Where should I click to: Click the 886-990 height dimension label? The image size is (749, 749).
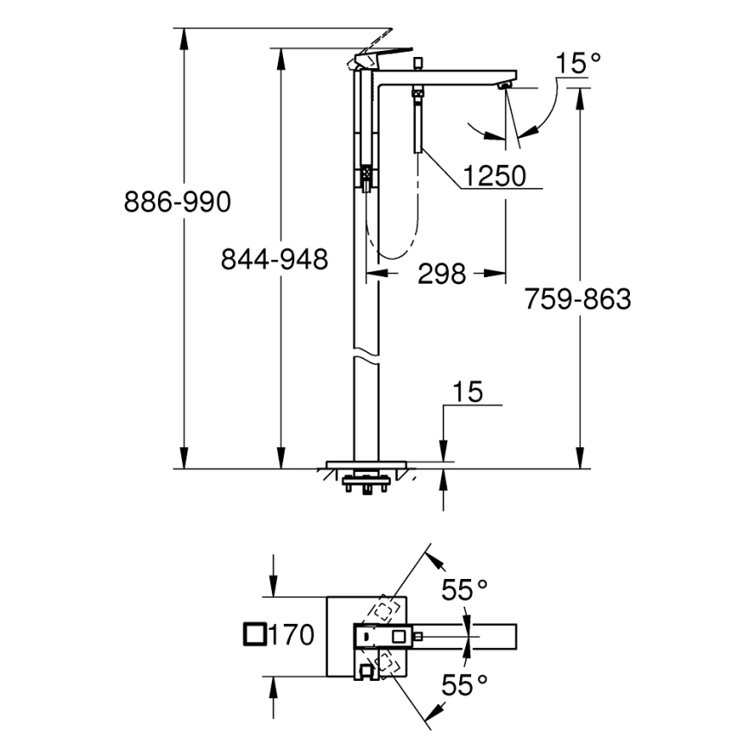click(178, 203)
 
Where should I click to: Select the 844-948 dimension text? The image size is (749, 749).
click(274, 259)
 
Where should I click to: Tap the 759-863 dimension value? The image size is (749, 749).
click(577, 299)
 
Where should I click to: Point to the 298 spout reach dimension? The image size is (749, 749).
click(441, 274)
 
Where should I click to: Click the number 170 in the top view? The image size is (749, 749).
click(290, 636)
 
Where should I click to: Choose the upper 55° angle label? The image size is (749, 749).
click(465, 590)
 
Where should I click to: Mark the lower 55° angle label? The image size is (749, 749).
click(465, 685)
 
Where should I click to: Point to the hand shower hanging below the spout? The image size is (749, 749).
click(417, 121)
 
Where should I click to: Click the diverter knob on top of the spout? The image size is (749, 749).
click(417, 63)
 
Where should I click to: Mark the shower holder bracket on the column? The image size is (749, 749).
click(366, 176)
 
